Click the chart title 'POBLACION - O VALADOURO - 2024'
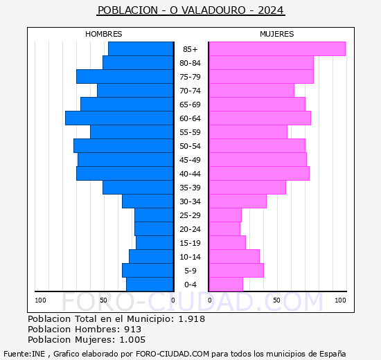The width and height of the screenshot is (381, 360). coord(190,10)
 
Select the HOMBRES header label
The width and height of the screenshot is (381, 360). coord(104,34)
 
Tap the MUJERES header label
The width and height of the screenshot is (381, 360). coord(276,34)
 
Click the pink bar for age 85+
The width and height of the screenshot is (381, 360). coord(276,48)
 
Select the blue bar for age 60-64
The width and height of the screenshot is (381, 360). coord(119,118)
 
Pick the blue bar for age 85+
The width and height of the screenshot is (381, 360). coord(141,48)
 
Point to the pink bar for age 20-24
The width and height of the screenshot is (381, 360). coord(224,229)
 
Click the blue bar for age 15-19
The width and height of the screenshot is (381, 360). coord(154,243)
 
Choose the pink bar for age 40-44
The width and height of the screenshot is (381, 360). coord(259,174)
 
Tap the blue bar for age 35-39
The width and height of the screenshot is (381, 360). coord(138,188)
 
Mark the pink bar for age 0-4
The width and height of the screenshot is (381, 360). coord(226,285)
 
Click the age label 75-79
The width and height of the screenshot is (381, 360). coord(190,77)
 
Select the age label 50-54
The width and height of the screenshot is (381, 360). coord(190,146)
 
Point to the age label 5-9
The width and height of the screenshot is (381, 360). coord(190,271)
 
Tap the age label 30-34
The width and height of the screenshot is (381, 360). coord(190,201)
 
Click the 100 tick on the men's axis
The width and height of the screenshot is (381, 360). coord(41,300)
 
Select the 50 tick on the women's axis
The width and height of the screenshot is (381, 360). coord(276,300)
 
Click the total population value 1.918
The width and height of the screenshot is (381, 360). coord(191,318)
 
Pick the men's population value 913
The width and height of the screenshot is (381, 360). coord(133,329)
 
